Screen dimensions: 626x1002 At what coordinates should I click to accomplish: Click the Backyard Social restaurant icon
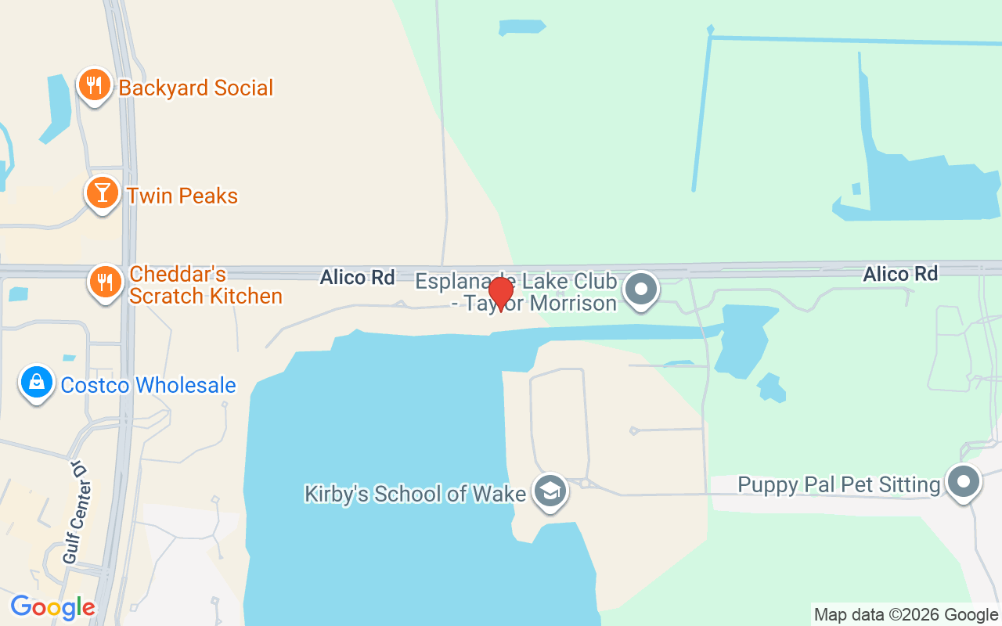coord(94,85)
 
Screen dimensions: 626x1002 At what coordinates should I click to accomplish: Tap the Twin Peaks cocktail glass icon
coord(102,192)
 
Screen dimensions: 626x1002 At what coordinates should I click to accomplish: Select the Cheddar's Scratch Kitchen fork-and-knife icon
coord(103,280)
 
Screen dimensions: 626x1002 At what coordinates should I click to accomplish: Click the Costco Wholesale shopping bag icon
coord(37,383)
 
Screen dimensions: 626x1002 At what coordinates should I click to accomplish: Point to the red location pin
coord(500,294)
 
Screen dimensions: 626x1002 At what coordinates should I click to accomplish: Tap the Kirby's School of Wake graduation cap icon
coord(550,492)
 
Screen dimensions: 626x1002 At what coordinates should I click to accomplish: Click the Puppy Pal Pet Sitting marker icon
coord(964,481)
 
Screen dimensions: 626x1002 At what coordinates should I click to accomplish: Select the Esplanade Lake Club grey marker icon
coord(642,289)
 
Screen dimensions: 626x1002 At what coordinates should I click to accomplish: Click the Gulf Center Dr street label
coord(75,513)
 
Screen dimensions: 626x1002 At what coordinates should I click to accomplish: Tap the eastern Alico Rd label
coord(900,274)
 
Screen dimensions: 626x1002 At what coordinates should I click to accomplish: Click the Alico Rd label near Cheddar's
coord(357,277)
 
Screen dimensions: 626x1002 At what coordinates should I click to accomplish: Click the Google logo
coord(52,607)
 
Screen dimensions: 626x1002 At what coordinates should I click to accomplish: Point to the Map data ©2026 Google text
coord(906,615)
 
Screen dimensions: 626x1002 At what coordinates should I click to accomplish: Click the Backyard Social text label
coord(196,88)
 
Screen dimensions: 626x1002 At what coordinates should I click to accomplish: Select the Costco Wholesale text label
coord(148,385)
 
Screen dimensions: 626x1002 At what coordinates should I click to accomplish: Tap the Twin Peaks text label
coord(182,196)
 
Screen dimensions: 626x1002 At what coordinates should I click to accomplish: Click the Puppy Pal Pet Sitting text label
coord(838,485)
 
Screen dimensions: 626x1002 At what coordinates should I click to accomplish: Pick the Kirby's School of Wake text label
coord(415,495)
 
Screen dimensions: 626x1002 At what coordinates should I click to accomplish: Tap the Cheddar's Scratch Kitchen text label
coord(205,285)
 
